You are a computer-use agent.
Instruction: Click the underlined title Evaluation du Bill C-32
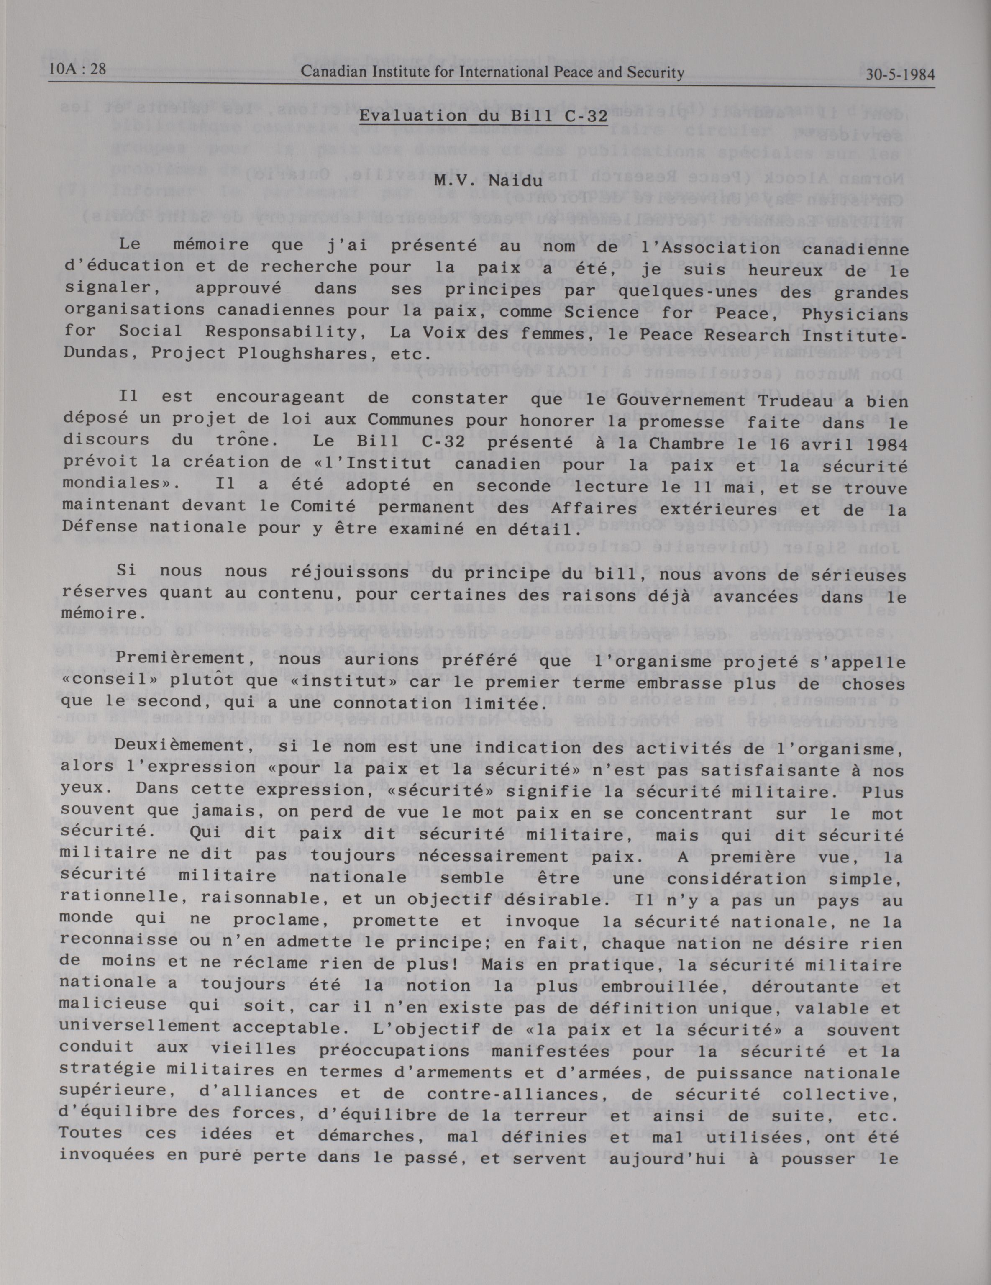pyautogui.click(x=484, y=116)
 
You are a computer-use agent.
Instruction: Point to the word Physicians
pyautogui.click(x=866, y=315)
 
